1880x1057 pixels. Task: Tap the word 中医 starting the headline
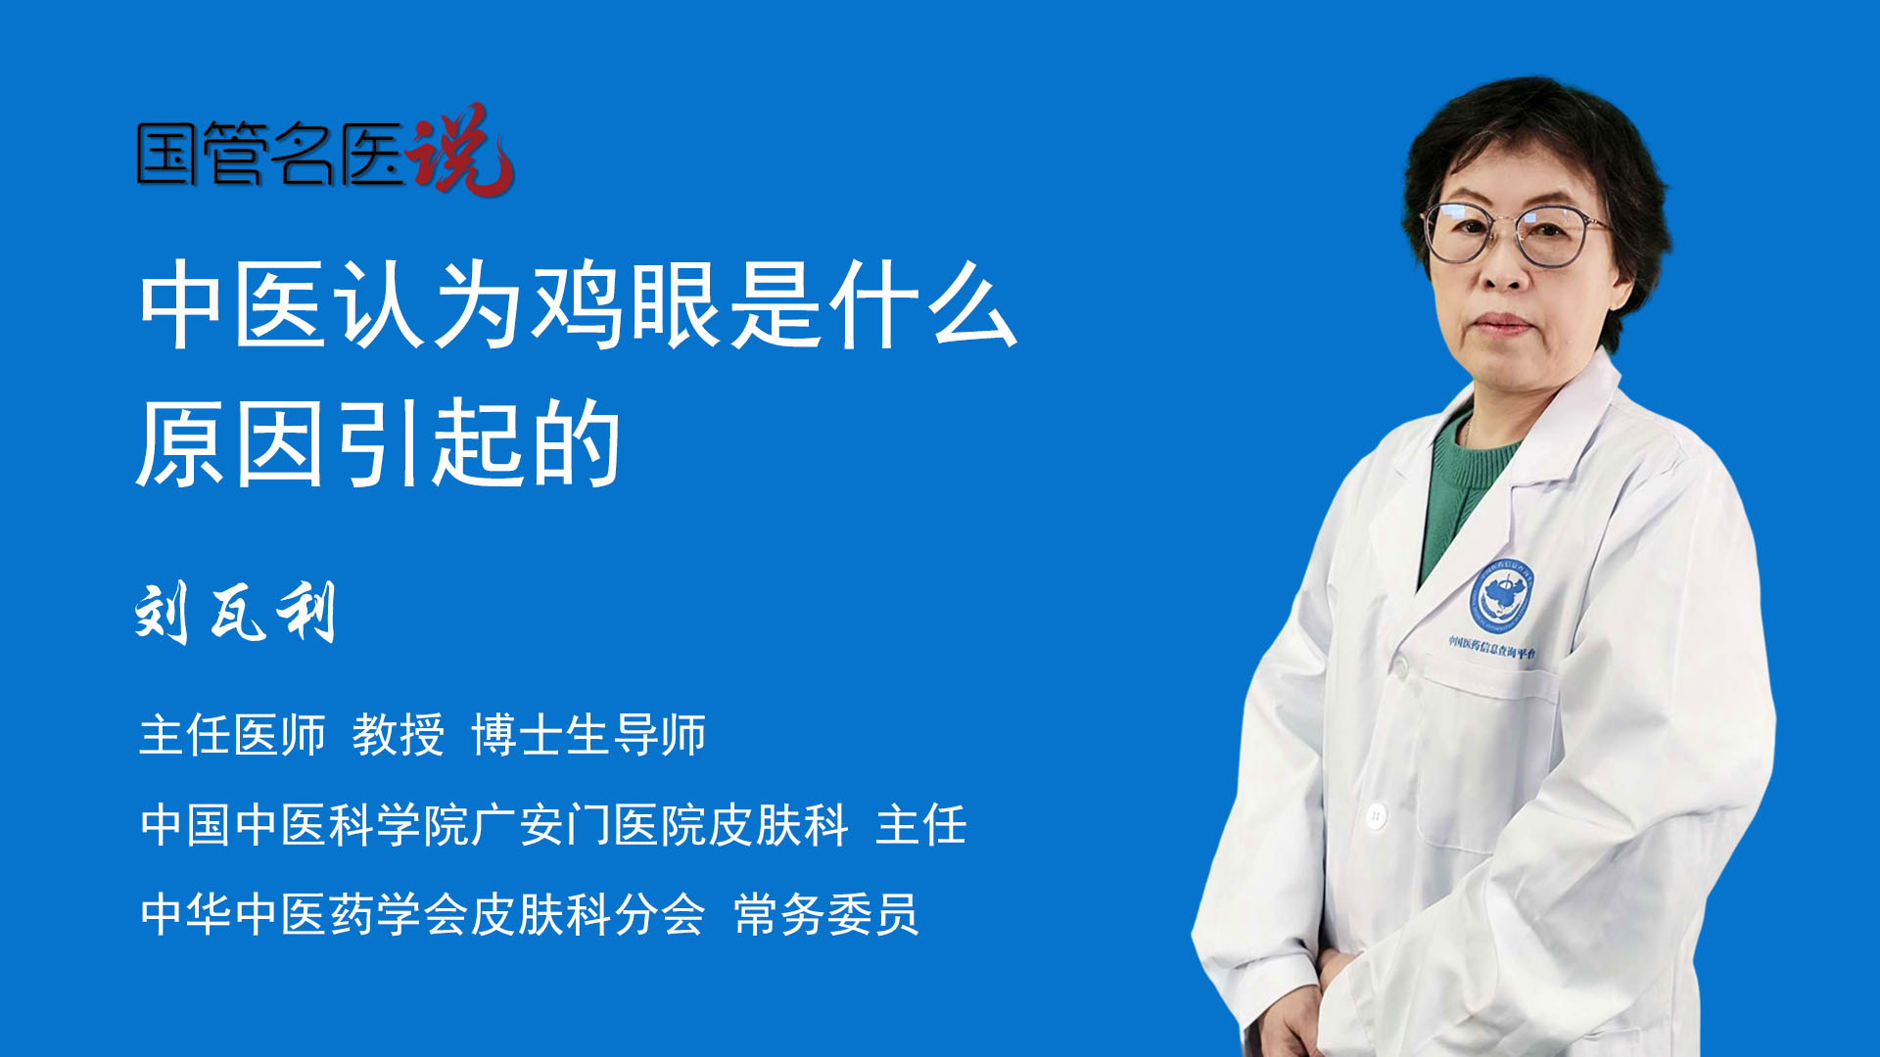click(232, 305)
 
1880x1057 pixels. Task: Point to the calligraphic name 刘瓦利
click(236, 612)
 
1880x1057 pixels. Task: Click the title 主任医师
click(232, 735)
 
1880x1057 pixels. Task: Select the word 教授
click(399, 735)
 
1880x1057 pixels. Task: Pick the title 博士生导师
click(588, 735)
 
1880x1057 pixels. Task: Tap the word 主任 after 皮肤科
click(921, 825)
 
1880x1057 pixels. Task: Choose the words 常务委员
click(826, 915)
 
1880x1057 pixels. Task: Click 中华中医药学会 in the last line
click(304, 915)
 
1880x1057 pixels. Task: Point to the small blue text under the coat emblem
click(1491, 648)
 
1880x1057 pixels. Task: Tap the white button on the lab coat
click(1376, 814)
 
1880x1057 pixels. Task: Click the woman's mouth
click(1501, 324)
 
